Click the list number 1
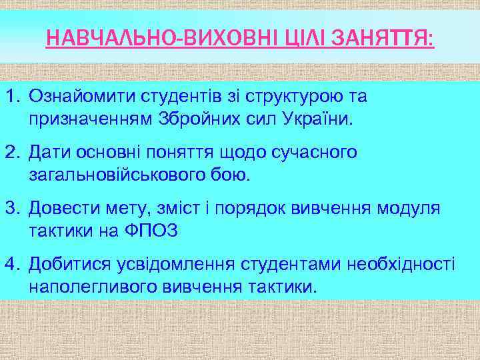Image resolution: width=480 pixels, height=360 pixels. (x=11, y=97)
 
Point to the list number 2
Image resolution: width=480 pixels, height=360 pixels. (x=11, y=153)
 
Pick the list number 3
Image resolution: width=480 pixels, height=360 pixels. (x=11, y=209)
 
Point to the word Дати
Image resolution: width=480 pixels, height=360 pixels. (x=50, y=153)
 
